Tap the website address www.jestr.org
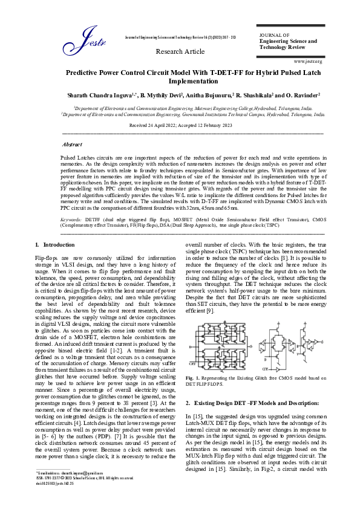coord(308,61)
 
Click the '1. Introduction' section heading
coord(54,244)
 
